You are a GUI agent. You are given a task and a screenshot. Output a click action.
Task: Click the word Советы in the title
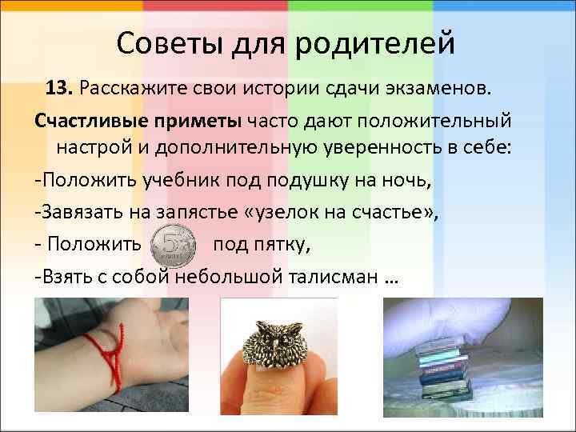click(x=165, y=42)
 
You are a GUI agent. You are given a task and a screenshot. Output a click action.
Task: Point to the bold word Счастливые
click(x=84, y=119)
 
